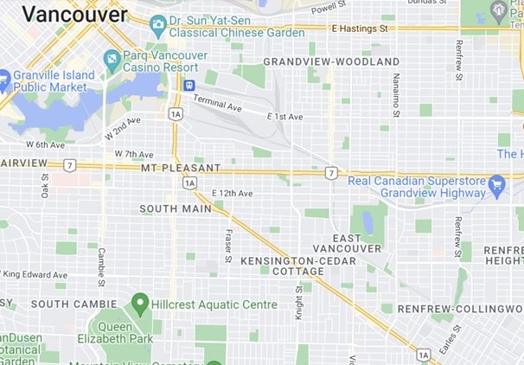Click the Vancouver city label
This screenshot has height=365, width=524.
pyautogui.click(x=74, y=13)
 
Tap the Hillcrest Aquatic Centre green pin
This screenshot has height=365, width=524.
pyautogui.click(x=139, y=304)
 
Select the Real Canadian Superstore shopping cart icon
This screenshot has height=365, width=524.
pyautogui.click(x=496, y=184)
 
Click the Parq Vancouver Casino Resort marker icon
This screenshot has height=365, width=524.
pyautogui.click(x=112, y=61)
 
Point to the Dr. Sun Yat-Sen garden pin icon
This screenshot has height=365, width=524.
pyautogui.click(x=157, y=24)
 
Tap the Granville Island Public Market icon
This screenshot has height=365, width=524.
pyautogui.click(x=3, y=79)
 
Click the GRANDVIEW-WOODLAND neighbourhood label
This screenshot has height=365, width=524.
pyautogui.click(x=331, y=61)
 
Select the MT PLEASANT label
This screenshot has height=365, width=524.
pyautogui.click(x=181, y=168)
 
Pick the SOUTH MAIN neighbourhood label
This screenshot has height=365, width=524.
pyautogui.click(x=176, y=208)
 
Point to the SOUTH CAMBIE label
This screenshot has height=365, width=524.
pyautogui.click(x=74, y=304)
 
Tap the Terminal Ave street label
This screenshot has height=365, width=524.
pyautogui.click(x=217, y=104)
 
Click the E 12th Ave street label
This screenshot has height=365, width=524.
pyautogui.click(x=233, y=193)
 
